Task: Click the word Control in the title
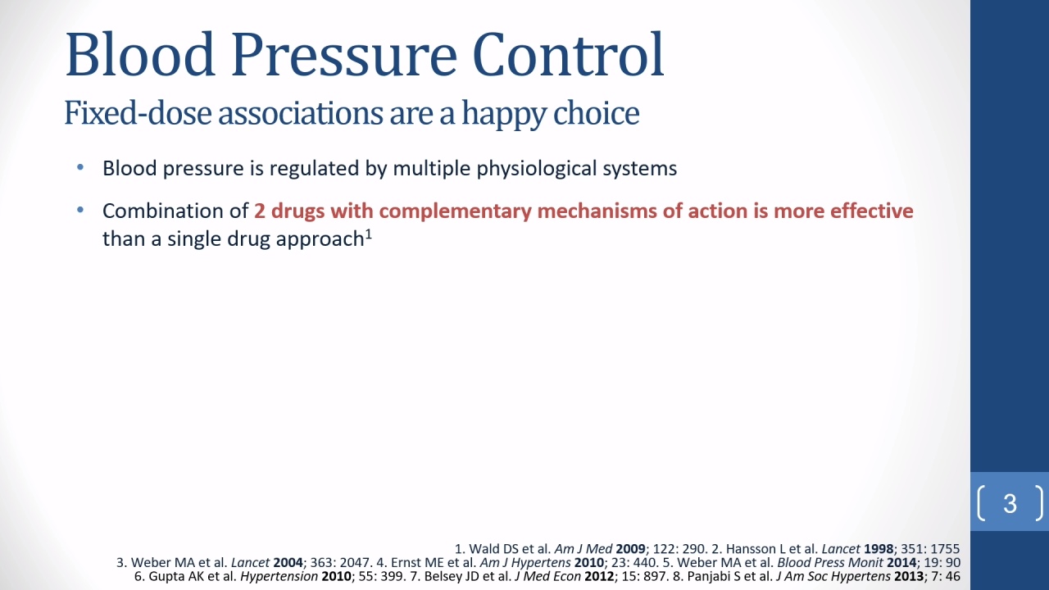(x=568, y=54)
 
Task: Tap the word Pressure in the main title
(x=343, y=54)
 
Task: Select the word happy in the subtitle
(x=504, y=114)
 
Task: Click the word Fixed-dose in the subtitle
(x=138, y=113)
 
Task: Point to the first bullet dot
(x=80, y=167)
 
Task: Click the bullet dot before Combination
(x=80, y=210)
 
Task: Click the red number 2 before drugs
(x=260, y=211)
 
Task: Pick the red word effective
(x=871, y=211)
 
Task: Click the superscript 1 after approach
(x=369, y=234)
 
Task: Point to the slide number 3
(x=1010, y=504)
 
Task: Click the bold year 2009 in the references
(x=630, y=549)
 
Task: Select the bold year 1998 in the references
(x=879, y=549)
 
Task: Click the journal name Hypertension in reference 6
(x=279, y=576)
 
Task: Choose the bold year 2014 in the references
(x=901, y=562)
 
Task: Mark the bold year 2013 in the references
(x=909, y=576)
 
